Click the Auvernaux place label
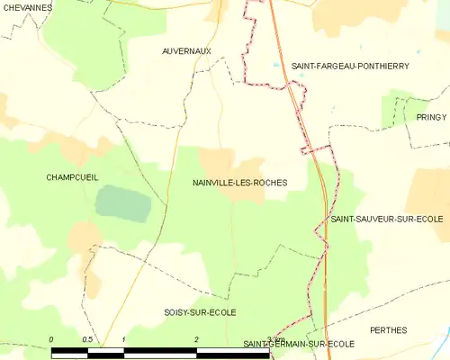pyautogui.click(x=186, y=51)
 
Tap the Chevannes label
pyautogui.click(x=25, y=8)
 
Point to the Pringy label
pyautogui.click(x=431, y=117)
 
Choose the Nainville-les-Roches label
pyautogui.click(x=240, y=183)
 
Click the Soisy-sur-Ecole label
pyautogui.click(x=200, y=312)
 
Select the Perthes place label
pyautogui.click(x=388, y=330)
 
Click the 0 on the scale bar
pyautogui.click(x=51, y=339)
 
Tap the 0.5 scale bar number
pyautogui.click(x=86, y=339)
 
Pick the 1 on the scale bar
pyautogui.click(x=123, y=339)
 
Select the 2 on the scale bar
pyautogui.click(x=195, y=339)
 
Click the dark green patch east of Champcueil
pyautogui.click(x=123, y=203)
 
